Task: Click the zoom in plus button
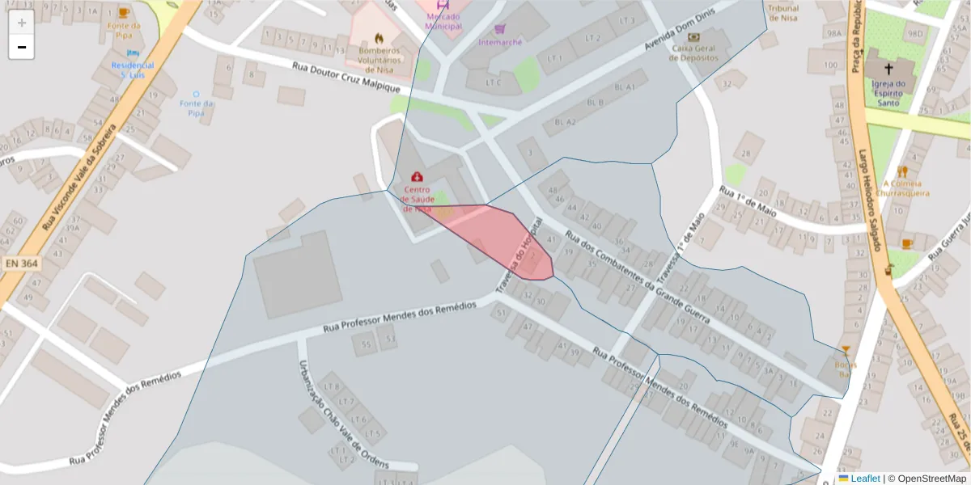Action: (22, 23)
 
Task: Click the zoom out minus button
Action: (22, 47)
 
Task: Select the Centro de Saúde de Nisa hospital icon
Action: (417, 176)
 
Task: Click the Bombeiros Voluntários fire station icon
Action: (379, 38)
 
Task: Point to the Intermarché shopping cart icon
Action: (500, 29)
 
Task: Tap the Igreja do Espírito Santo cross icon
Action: (888, 70)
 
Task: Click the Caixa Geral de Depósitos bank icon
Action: (693, 36)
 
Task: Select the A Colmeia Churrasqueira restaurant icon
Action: (902, 171)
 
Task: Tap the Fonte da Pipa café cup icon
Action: (123, 13)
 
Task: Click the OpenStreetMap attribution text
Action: (926, 479)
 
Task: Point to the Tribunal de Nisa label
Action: (782, 13)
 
